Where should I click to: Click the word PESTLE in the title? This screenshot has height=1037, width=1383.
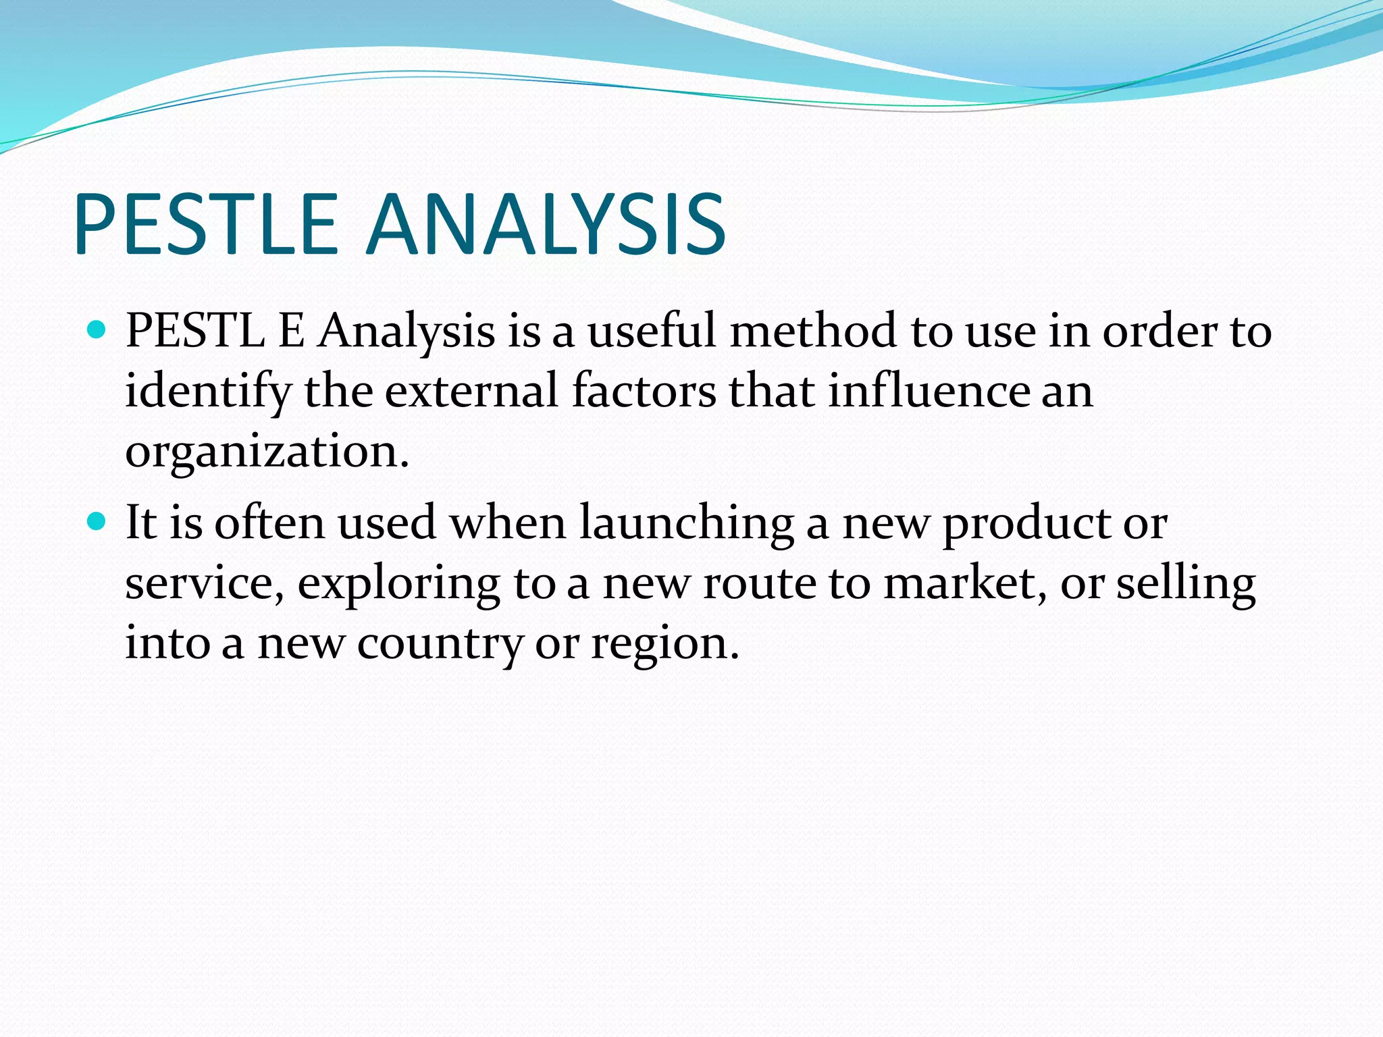(x=206, y=225)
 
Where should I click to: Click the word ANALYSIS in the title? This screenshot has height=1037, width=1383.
(x=546, y=225)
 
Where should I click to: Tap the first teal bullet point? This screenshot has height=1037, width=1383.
(x=97, y=330)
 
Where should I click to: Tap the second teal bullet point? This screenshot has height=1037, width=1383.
(x=97, y=521)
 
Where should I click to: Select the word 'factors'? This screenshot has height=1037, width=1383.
(x=644, y=391)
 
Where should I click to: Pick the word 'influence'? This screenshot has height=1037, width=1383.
(x=929, y=391)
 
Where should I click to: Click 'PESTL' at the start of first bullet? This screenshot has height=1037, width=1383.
(x=195, y=331)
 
